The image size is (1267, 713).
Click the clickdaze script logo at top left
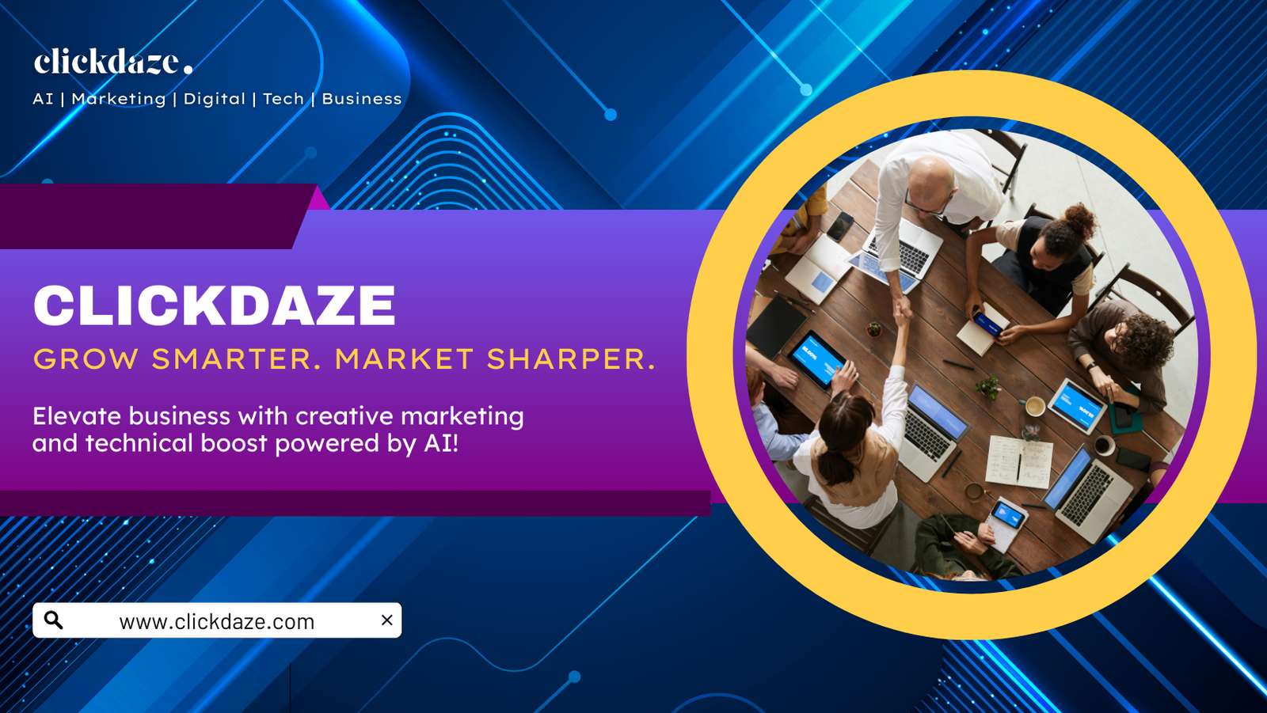[x=113, y=62]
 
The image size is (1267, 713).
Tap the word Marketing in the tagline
[x=119, y=99]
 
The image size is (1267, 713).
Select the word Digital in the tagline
[x=215, y=99]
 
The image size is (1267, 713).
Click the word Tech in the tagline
[x=283, y=99]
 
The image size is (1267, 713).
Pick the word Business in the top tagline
[x=362, y=99]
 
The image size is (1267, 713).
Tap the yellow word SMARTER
[x=231, y=359]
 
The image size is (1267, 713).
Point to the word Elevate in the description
[x=76, y=416]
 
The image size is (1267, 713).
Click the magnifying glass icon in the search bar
[x=54, y=620]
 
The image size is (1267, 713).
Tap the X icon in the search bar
[x=387, y=620]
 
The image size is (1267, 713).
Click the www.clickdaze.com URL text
[x=217, y=622]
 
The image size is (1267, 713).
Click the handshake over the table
[x=903, y=311]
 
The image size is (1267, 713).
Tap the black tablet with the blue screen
[x=817, y=359]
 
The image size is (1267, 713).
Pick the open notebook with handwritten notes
[x=1019, y=462]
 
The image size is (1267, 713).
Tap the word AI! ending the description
[x=441, y=443]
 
